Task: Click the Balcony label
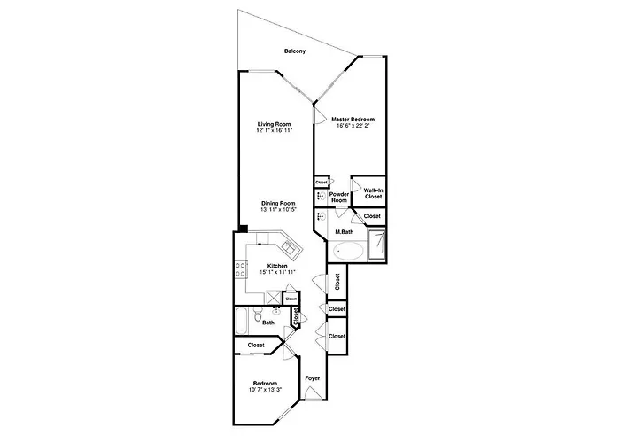point(295,51)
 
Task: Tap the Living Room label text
point(275,123)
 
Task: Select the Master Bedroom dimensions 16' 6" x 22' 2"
point(353,126)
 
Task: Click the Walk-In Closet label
point(373,192)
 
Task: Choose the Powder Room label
point(339,197)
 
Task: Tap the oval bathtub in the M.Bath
point(346,251)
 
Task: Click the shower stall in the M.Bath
point(377,245)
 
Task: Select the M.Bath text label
point(345,232)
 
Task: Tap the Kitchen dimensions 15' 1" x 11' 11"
point(277,272)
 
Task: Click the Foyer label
point(312,378)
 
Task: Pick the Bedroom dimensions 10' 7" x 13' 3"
point(265,389)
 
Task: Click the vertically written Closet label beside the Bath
point(296,316)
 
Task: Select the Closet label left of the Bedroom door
point(256,345)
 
